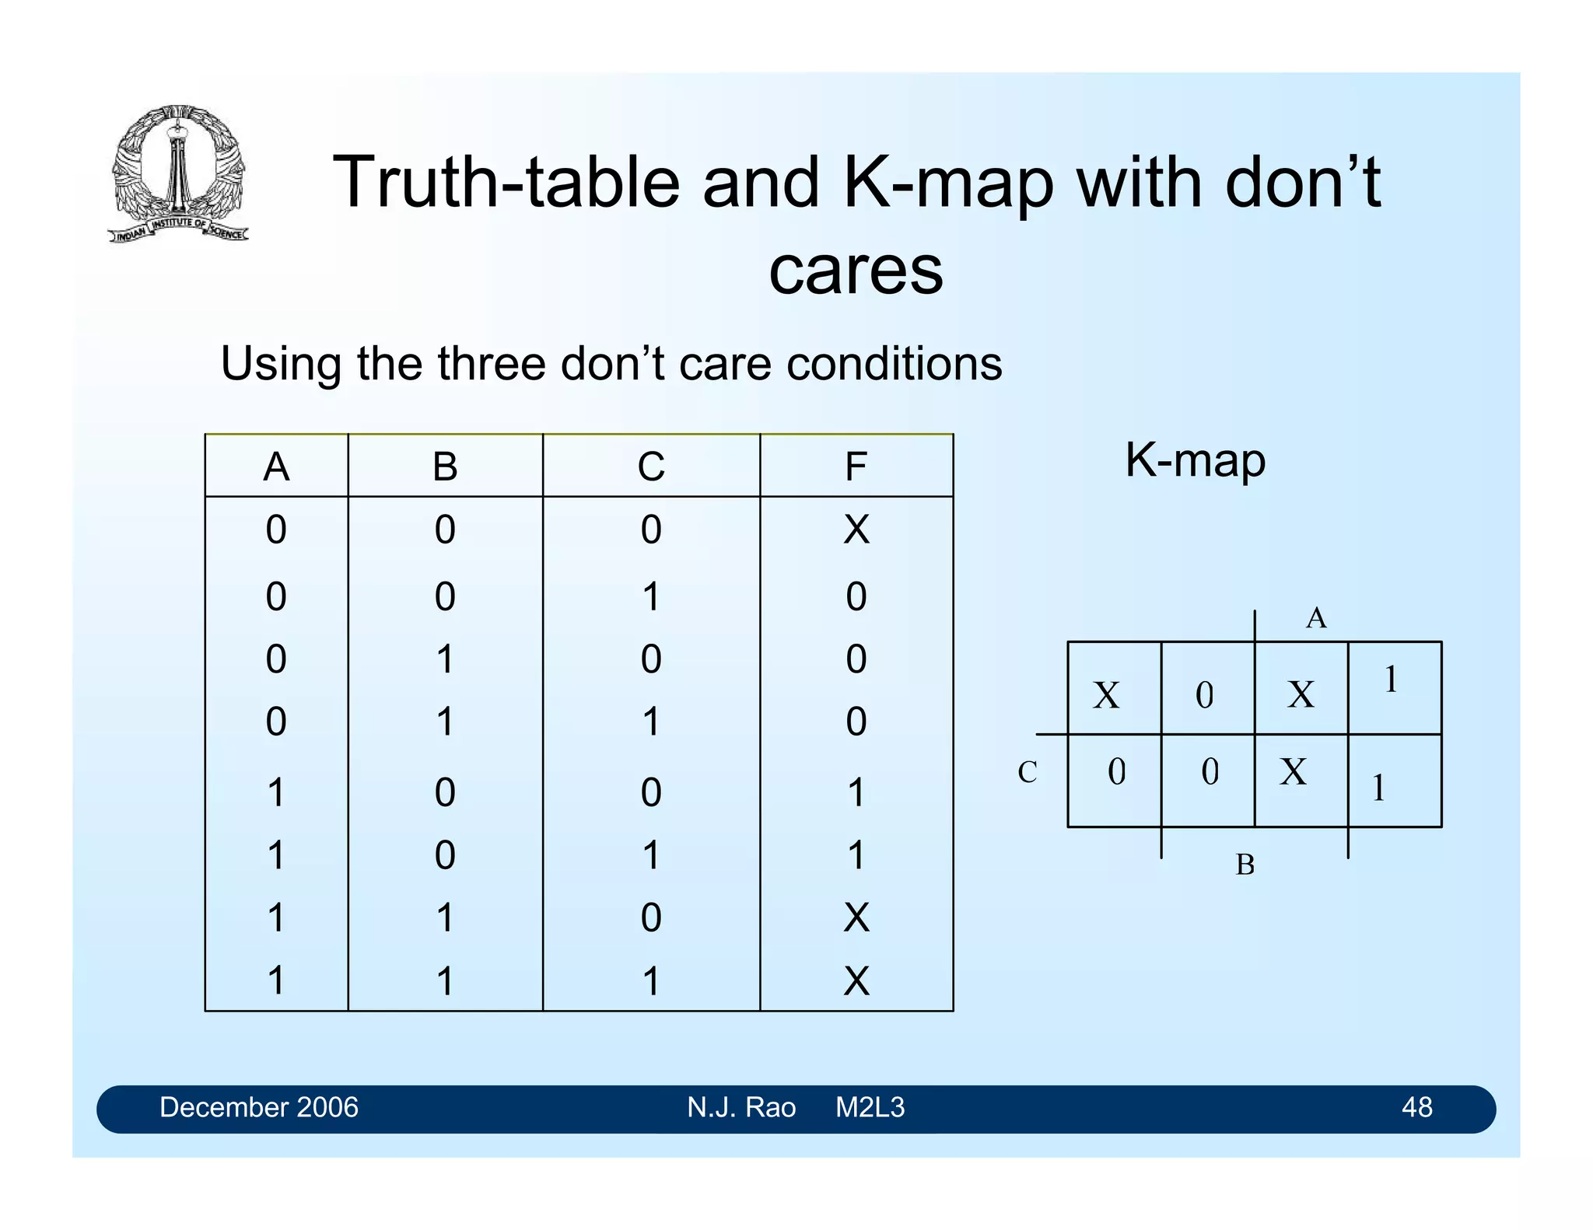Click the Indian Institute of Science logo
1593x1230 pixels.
pos(178,173)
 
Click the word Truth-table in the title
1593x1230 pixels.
pos(506,183)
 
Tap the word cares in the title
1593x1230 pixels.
pos(856,271)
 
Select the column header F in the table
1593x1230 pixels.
pos(856,467)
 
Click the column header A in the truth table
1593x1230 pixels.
pos(276,467)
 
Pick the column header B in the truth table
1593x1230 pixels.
pos(445,467)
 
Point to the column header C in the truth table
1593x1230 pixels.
pos(651,467)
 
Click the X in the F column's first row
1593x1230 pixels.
pos(856,530)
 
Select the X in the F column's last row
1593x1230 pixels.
pos(856,980)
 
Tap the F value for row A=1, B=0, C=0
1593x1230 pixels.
pos(856,793)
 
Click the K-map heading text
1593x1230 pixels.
pos(1195,460)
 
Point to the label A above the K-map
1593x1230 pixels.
pos(1315,618)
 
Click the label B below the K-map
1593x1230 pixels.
pos(1245,865)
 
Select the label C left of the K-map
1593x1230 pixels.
pos(1027,772)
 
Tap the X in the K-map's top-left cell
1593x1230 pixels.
pos(1106,695)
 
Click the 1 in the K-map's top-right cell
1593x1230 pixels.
pos(1391,680)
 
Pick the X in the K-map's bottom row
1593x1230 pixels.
pos(1294,772)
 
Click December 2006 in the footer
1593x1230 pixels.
pos(258,1107)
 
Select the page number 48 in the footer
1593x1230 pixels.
pos(1416,1107)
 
